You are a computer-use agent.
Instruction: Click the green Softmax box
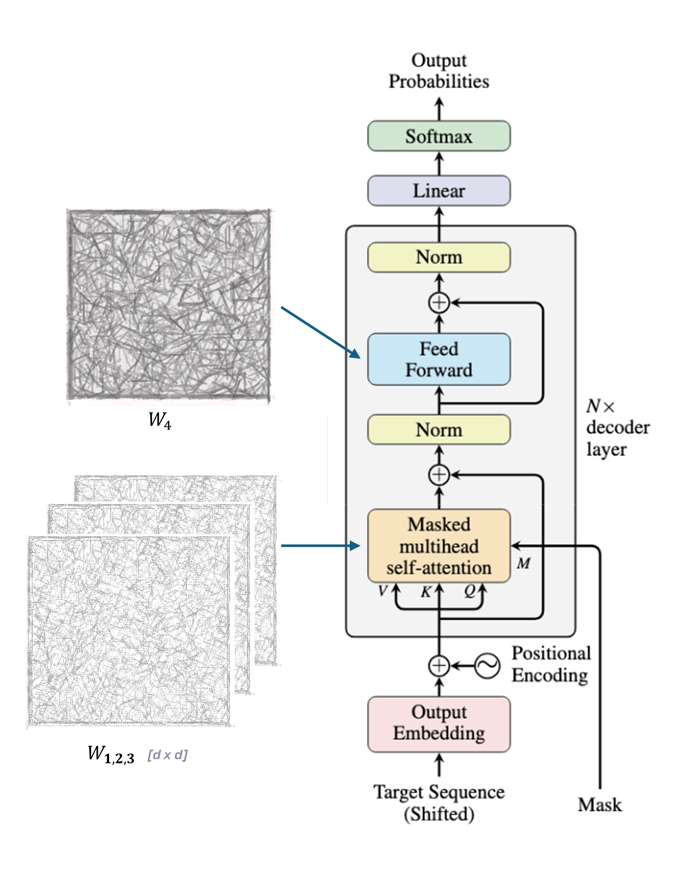point(439,136)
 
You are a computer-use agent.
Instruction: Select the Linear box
point(439,191)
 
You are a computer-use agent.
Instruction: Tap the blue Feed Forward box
point(439,359)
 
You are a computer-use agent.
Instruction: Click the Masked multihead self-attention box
point(439,546)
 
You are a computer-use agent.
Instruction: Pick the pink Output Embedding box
point(439,724)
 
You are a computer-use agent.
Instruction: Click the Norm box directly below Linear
point(439,257)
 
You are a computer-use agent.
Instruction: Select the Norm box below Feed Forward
point(439,430)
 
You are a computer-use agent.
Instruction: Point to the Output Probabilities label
point(439,71)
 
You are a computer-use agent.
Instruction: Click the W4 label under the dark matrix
point(160,420)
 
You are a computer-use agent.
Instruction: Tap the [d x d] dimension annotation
point(167,755)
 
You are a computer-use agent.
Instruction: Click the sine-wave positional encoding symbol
point(487,665)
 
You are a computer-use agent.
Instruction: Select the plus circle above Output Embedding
point(439,665)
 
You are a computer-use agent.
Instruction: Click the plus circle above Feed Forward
point(439,303)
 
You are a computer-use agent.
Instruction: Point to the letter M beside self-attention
point(524,563)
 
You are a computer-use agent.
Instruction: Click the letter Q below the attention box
point(470,591)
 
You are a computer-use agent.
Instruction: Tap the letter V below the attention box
point(382,591)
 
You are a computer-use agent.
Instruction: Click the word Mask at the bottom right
point(600,805)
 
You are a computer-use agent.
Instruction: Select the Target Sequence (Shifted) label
point(439,803)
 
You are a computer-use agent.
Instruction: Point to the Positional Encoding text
point(551,664)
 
